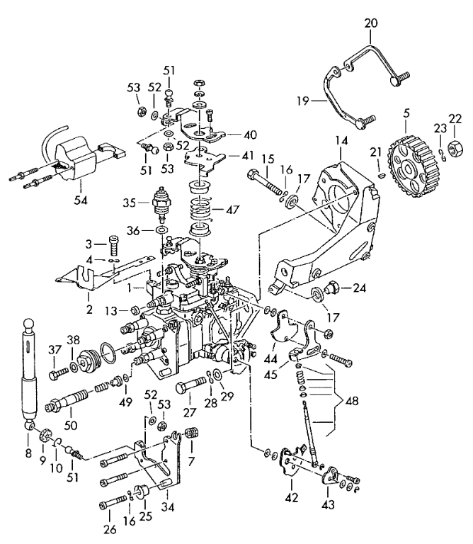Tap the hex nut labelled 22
454,149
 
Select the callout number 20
371,23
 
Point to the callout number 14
341,141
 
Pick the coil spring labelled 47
202,209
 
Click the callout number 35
130,203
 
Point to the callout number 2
89,310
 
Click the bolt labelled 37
59,375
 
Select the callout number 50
71,425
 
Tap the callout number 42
291,497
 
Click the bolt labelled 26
113,502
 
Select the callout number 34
167,507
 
